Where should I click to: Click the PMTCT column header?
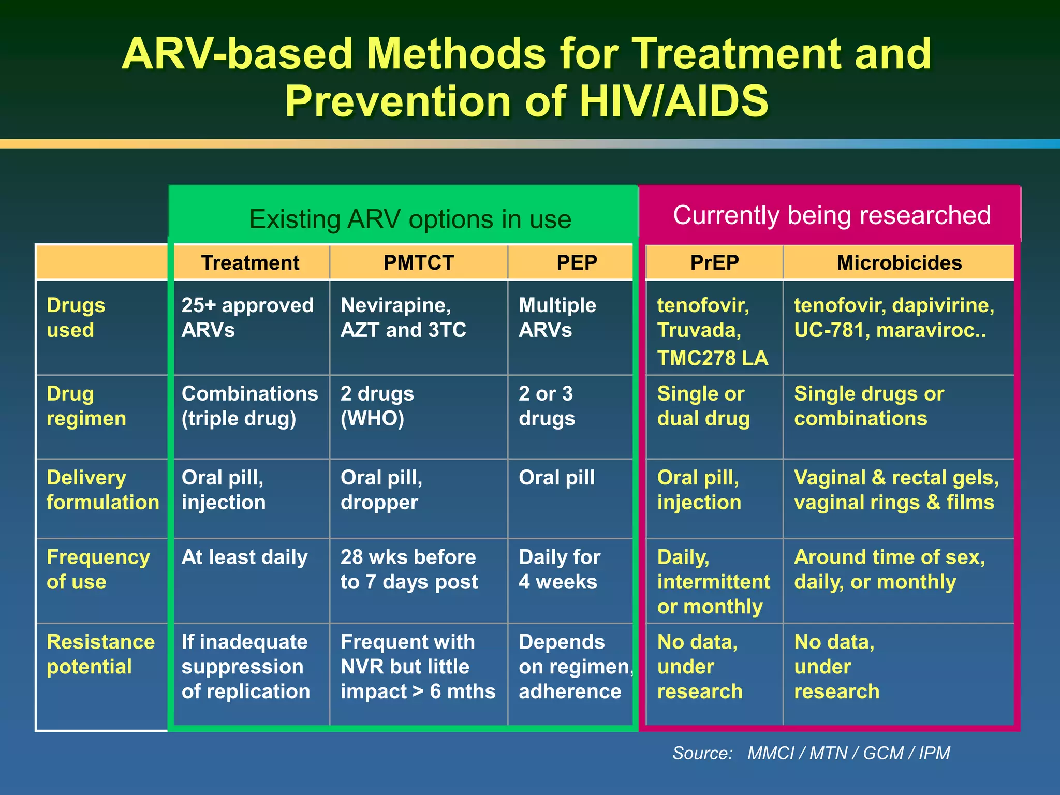coord(418,263)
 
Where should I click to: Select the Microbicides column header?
coord(899,263)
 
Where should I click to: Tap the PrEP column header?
coord(714,263)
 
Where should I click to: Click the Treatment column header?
coord(250,263)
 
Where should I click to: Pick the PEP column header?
coord(577,263)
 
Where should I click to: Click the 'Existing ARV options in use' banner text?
coord(410,219)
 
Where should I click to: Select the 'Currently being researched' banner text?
coord(831,215)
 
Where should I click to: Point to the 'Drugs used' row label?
coord(76,317)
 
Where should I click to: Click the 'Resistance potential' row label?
coord(100,654)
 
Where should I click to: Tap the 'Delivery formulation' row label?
coord(102,490)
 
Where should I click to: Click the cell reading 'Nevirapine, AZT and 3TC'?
coord(403,317)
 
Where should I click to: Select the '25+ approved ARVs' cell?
coord(247,317)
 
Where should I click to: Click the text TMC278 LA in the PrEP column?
coord(712,358)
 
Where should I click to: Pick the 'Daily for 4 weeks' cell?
coord(559,569)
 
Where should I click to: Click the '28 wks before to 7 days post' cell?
coord(409,569)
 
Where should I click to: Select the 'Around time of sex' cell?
coord(889,569)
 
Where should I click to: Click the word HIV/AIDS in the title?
coord(673,101)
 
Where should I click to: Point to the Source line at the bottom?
coord(811,753)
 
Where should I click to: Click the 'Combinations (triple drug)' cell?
coord(249,406)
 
